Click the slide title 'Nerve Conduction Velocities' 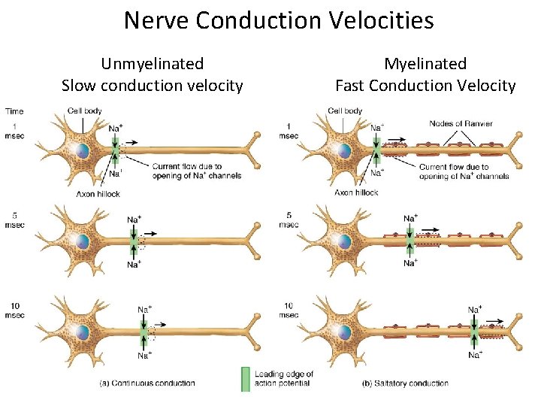(279, 20)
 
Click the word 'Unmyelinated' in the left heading (153, 64)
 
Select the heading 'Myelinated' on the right (425, 64)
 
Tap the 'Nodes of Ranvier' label (461, 123)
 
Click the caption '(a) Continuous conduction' (147, 383)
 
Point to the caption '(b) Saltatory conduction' (405, 383)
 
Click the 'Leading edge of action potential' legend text (283, 378)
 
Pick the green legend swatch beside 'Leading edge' (245, 379)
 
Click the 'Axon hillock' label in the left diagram (98, 193)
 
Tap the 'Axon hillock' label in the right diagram (356, 192)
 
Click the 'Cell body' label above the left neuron (83, 111)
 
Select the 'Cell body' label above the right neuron (345, 111)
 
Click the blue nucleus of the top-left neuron (81, 151)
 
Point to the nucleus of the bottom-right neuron (343, 331)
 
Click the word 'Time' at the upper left (14, 111)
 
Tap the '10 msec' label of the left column (15, 311)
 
